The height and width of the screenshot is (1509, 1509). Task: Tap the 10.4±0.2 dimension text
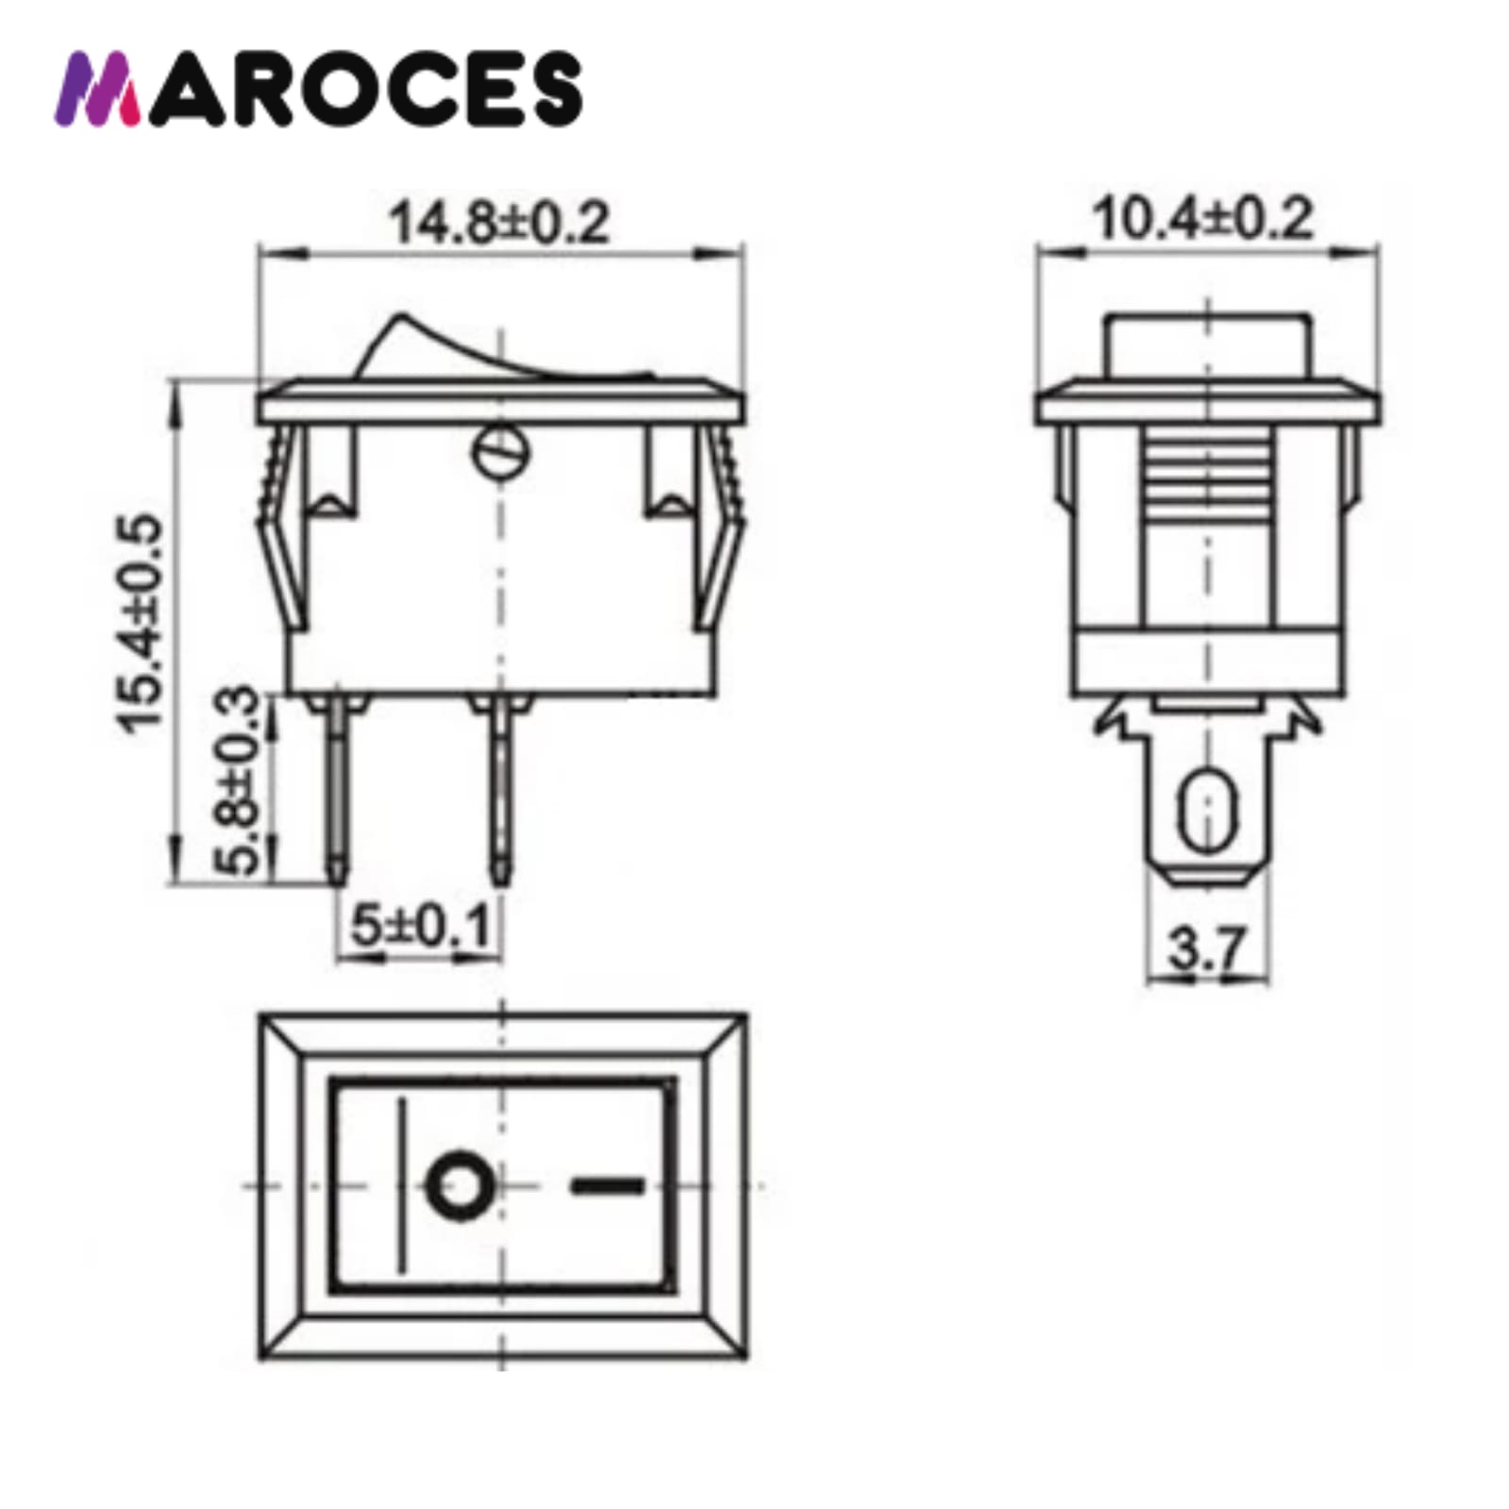pos(1201,219)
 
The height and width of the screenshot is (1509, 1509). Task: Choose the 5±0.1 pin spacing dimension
pos(421,926)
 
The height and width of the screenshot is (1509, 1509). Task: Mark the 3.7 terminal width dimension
pos(1207,948)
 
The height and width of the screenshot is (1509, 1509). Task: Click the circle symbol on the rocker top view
pos(461,1183)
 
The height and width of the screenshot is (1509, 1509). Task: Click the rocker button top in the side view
pos(1207,344)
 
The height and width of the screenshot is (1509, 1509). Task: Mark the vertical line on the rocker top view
pos(403,1183)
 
